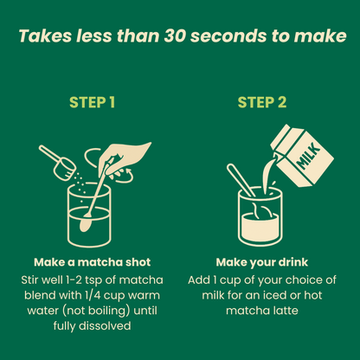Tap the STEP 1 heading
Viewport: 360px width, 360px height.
pos(92,102)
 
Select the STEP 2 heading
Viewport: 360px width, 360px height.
pos(262,102)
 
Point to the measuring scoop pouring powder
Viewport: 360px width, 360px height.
pos(58,164)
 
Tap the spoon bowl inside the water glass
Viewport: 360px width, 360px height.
pos(86,224)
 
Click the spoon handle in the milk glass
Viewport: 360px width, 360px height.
pos(240,180)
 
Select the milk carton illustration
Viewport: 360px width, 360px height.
pos(301,156)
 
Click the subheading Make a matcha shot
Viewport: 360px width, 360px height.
pos(93,262)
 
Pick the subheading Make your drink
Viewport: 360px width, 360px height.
pos(262,262)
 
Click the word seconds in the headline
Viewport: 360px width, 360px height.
pos(228,36)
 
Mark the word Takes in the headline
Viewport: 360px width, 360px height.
pos(45,35)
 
